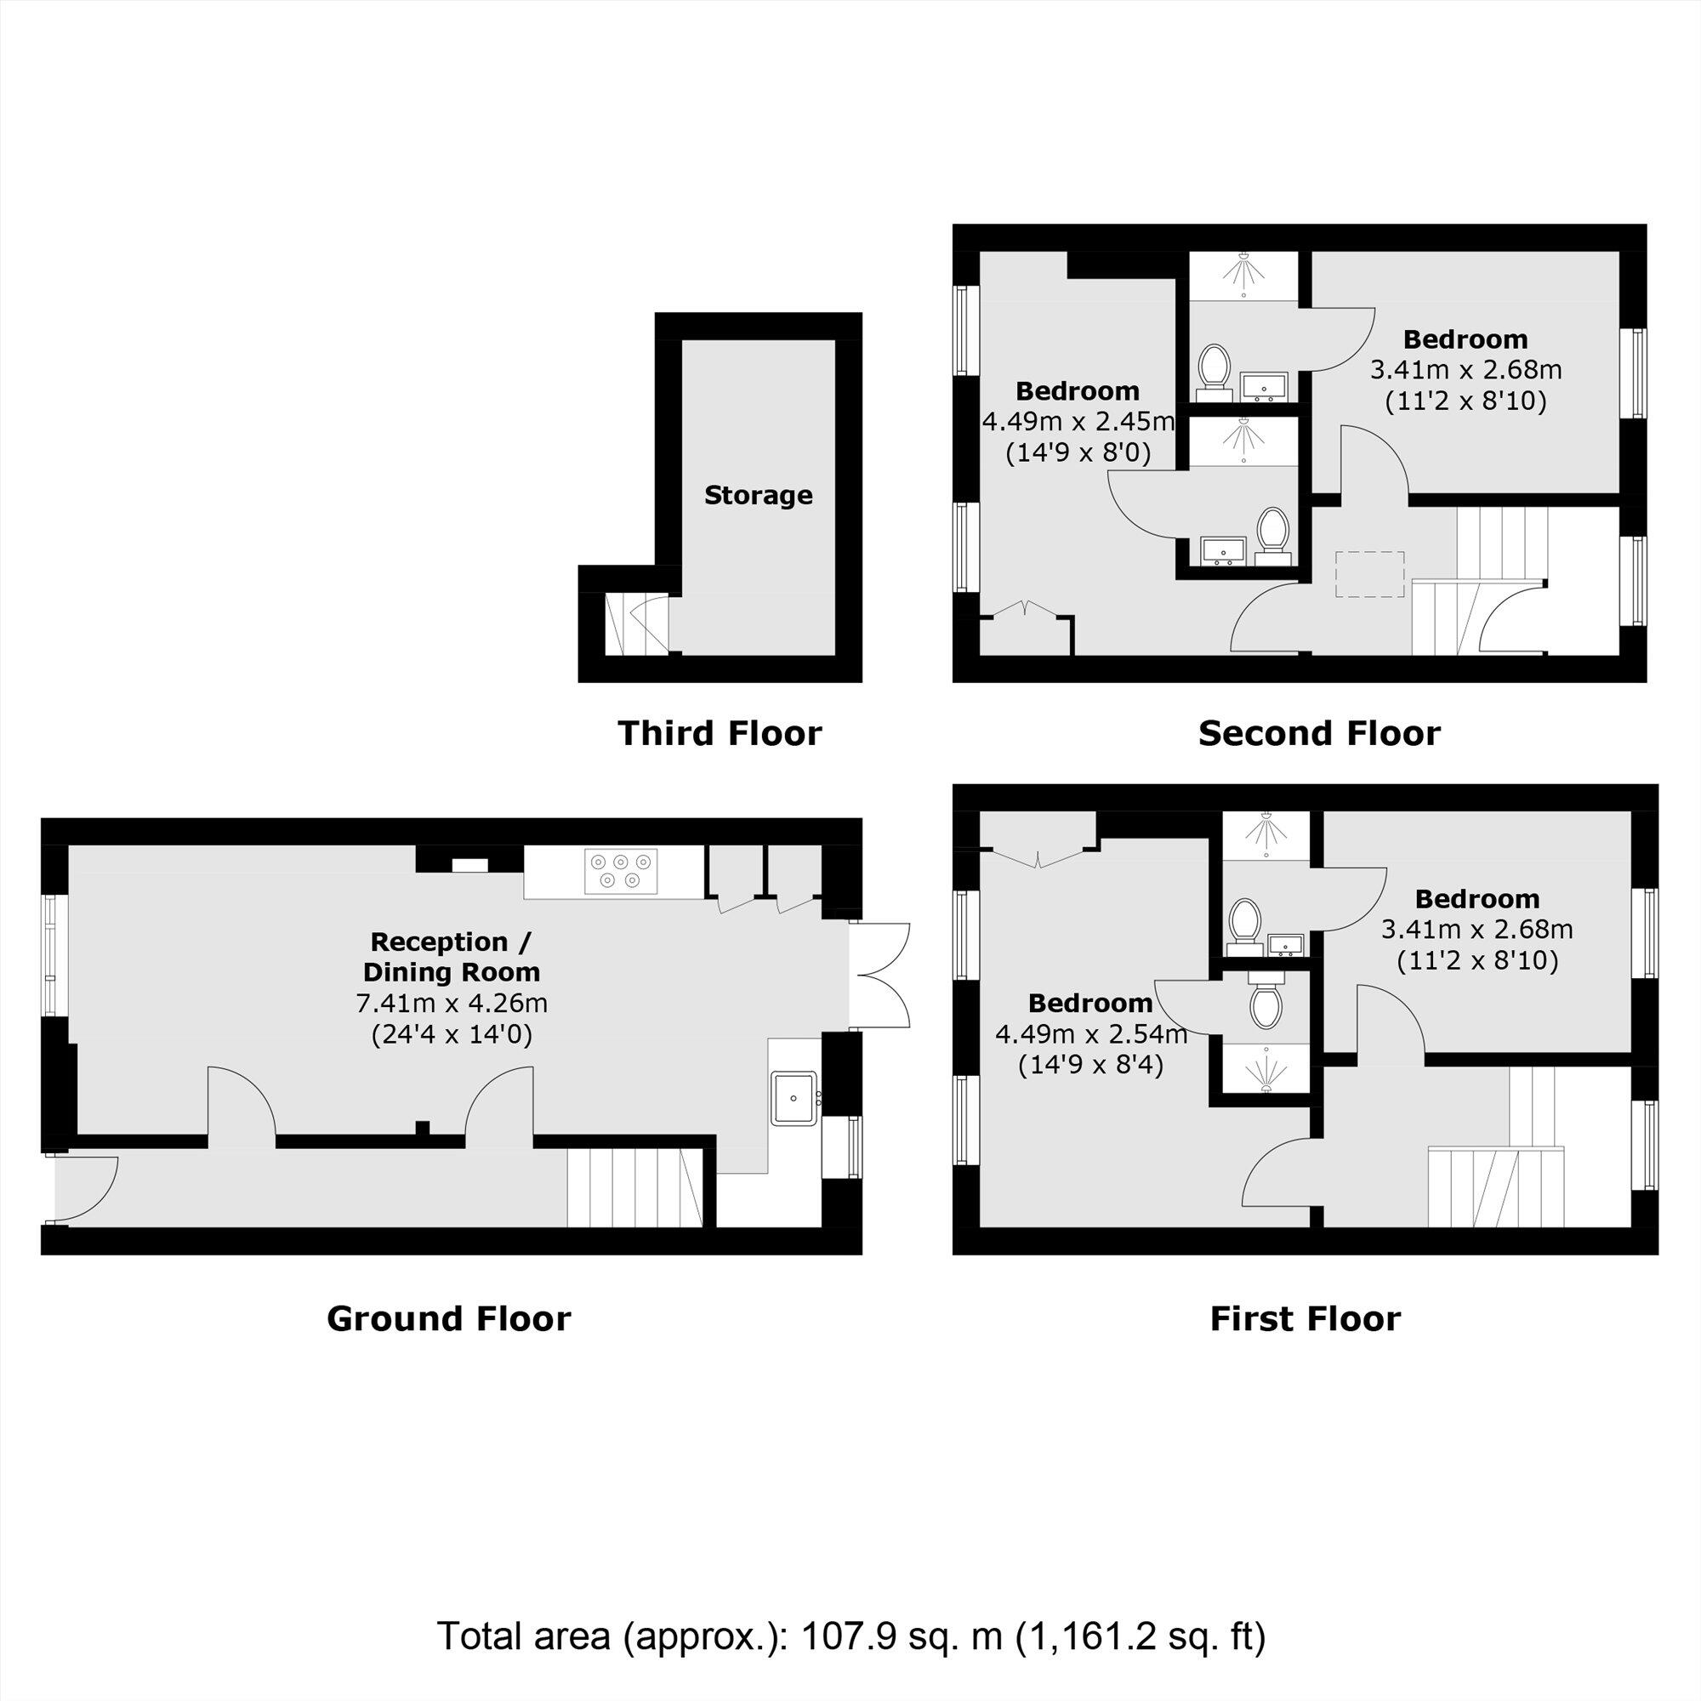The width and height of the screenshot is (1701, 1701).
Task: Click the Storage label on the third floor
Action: (758, 496)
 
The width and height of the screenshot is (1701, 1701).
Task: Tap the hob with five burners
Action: (620, 870)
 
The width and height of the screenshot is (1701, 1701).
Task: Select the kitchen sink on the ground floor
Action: (794, 1098)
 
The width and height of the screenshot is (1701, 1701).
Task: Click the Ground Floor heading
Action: (448, 1318)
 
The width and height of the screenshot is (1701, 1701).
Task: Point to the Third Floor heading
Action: (720, 733)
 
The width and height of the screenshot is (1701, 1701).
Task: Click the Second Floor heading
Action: (1319, 733)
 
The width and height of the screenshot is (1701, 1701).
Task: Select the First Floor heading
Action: (1305, 1318)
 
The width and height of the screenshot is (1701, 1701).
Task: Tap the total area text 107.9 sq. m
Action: (902, 1636)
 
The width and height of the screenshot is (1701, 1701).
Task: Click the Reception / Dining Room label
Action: (451, 957)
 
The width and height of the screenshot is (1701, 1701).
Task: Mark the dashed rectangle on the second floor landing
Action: (1369, 574)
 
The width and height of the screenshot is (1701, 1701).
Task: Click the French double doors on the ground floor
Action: (880, 975)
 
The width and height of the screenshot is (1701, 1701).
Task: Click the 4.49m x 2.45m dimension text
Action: (1078, 422)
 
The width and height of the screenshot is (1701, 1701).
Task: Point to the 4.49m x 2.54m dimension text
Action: (1091, 1034)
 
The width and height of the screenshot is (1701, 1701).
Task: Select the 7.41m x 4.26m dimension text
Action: (452, 1003)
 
